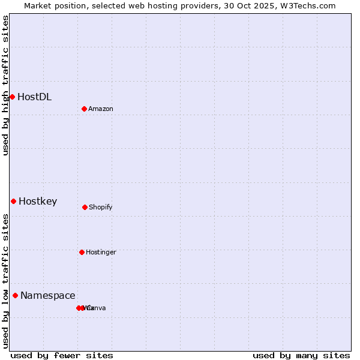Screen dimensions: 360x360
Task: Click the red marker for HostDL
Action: (12, 97)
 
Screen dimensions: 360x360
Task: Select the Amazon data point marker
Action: (84, 109)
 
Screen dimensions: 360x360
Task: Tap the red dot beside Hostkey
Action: (13, 201)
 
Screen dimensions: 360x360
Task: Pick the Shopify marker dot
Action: (85, 207)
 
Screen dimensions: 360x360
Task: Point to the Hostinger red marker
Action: (82, 252)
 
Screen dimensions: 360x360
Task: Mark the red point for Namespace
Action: (15, 295)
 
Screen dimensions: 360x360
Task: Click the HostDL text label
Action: (34, 97)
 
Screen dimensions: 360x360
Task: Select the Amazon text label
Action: (101, 109)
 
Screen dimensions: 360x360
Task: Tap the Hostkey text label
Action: (38, 201)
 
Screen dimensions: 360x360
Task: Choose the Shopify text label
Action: (101, 207)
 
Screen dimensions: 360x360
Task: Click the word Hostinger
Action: (101, 252)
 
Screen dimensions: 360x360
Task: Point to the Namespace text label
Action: (48, 295)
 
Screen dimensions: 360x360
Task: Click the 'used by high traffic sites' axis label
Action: (5, 85)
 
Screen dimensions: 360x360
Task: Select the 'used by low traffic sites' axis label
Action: (5, 281)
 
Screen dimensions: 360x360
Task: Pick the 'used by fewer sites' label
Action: (62, 355)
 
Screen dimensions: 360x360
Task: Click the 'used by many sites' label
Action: (301, 355)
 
